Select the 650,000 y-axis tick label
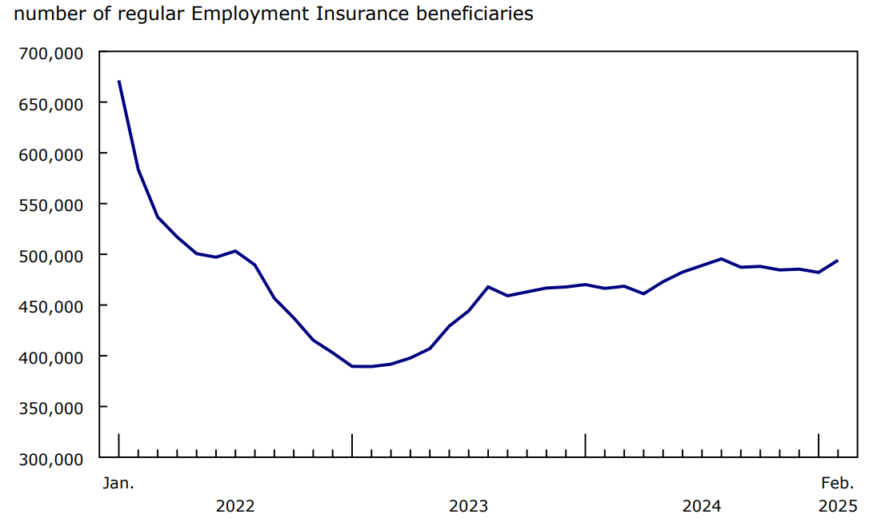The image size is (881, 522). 50,103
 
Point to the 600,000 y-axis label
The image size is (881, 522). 50,154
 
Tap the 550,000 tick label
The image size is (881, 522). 50,205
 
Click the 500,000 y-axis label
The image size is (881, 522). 50,256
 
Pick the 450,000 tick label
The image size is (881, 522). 50,306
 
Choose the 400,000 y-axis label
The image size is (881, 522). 50,357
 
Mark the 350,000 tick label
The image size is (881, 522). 50,408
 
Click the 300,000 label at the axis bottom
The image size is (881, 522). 50,459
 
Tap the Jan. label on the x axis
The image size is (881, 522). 118,483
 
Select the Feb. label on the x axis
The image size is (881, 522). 838,483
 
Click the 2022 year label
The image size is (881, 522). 235,506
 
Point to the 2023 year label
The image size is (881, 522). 468,506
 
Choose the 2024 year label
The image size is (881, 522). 701,506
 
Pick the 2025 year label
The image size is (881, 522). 838,506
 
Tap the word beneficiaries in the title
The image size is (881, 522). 470,14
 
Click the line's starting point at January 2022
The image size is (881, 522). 118,81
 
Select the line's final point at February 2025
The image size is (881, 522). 838,261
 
